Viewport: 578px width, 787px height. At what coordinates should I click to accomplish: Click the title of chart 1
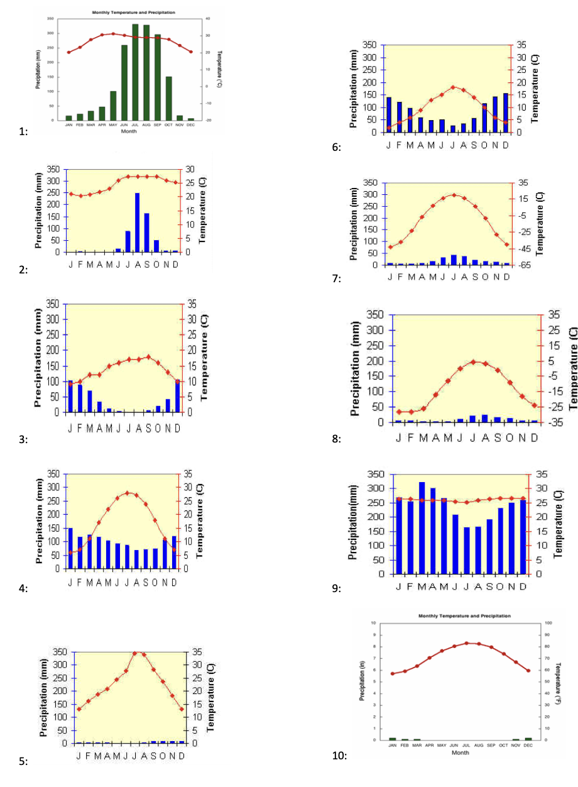coord(134,13)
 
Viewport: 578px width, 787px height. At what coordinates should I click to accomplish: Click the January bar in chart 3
coord(71,397)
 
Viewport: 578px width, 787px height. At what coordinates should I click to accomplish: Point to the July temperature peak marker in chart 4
coord(128,493)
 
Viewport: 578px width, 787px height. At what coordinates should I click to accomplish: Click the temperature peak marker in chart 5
coord(135,652)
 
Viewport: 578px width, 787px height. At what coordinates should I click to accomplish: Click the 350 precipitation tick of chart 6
coord(369,45)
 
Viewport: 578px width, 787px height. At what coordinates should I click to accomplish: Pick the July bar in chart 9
coord(467,551)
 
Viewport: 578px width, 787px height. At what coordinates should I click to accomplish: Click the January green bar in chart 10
coord(393,739)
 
